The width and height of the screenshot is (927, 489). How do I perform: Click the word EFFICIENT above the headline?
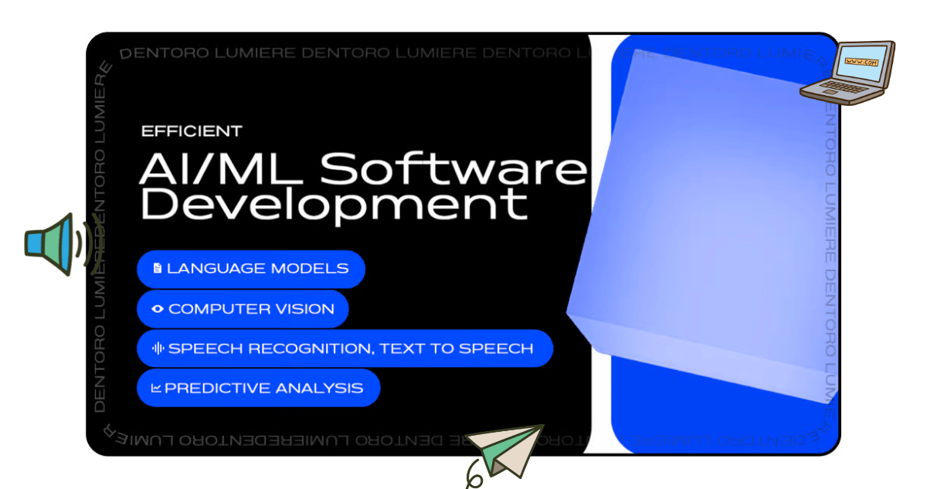pyautogui.click(x=192, y=131)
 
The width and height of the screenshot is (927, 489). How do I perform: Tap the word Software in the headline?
pyautogui.click(x=453, y=168)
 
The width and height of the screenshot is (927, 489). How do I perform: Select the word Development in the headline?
pyautogui.click(x=334, y=205)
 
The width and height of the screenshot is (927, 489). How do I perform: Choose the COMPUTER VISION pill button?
pyautogui.click(x=243, y=309)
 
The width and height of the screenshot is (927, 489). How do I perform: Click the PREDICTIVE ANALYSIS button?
pyautogui.click(x=259, y=388)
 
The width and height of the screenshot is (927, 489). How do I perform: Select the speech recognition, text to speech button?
pyautogui.click(x=345, y=348)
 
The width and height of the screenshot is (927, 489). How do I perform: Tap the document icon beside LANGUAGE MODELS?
pyautogui.click(x=158, y=269)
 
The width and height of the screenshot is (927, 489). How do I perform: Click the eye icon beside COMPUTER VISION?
pyautogui.click(x=158, y=309)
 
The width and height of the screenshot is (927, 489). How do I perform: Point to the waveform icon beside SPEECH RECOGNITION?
pyautogui.click(x=158, y=348)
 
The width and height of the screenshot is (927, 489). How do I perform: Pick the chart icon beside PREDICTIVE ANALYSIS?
pyautogui.click(x=156, y=388)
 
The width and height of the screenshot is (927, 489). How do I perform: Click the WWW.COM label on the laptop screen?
pyautogui.click(x=861, y=62)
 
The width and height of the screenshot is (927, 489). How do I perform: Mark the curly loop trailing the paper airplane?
pyautogui.click(x=474, y=476)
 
